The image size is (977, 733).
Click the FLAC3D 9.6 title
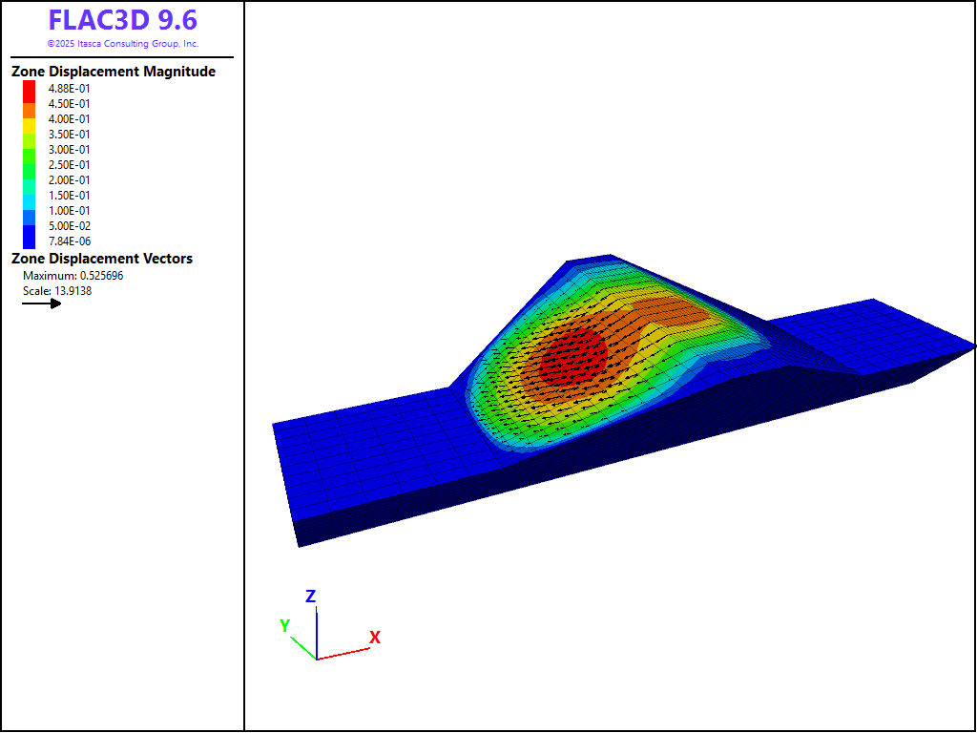pyautogui.click(x=123, y=21)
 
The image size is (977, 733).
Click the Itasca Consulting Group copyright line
pyautogui.click(x=123, y=44)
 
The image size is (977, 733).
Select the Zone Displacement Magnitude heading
pyautogui.click(x=114, y=72)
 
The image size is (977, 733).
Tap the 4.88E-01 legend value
pyautogui.click(x=69, y=89)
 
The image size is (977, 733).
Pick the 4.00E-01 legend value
pyautogui.click(x=69, y=119)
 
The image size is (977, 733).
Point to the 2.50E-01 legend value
pyautogui.click(x=69, y=165)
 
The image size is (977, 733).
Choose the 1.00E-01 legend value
pyautogui.click(x=69, y=211)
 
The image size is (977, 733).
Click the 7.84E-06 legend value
pyautogui.click(x=69, y=241)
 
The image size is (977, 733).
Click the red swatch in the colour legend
pyautogui.click(x=30, y=92)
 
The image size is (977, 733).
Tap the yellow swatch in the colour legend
pyautogui.click(x=30, y=126)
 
